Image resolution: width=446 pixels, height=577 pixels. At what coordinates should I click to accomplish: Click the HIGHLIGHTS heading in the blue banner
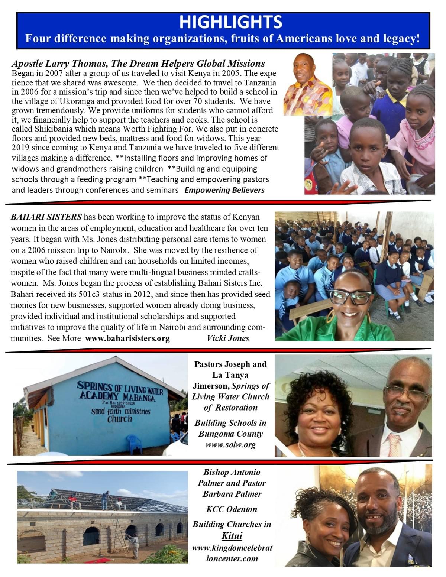click(x=230, y=22)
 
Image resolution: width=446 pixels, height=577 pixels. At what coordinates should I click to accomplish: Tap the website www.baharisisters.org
click(x=127, y=338)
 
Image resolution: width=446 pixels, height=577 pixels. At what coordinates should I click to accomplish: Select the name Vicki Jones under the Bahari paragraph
click(x=228, y=338)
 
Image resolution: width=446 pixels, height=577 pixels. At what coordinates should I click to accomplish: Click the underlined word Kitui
click(x=232, y=536)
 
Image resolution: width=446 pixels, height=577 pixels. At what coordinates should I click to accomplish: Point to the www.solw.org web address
click(x=230, y=445)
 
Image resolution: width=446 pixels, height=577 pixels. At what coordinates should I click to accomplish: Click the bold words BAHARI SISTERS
click(x=46, y=217)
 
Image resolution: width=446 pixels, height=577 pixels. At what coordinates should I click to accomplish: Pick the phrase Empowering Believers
click(x=224, y=190)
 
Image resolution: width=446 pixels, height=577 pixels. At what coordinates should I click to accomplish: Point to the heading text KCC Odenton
click(x=232, y=509)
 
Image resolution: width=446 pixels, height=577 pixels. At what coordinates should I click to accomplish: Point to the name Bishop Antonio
click(x=232, y=473)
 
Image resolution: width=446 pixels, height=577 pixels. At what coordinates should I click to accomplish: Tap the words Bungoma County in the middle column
click(x=230, y=434)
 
